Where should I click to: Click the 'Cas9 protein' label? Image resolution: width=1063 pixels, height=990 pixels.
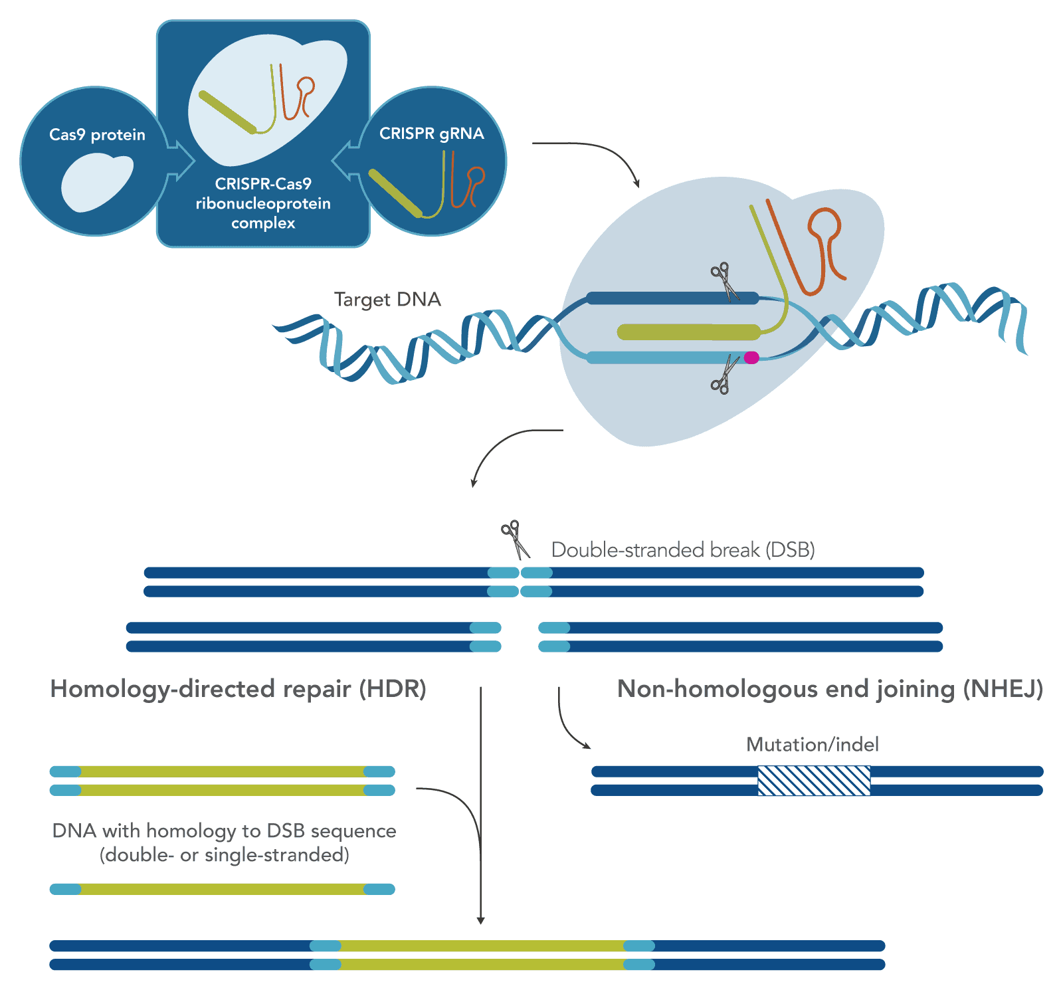click(97, 135)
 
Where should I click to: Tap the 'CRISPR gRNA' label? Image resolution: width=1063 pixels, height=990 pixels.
click(431, 134)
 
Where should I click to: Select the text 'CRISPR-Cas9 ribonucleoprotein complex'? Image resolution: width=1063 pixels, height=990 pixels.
click(263, 203)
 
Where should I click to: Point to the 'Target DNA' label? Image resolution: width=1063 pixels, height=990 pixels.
click(387, 300)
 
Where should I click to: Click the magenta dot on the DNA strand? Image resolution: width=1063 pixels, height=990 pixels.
click(751, 357)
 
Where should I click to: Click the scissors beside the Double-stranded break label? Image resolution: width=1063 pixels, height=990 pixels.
click(515, 539)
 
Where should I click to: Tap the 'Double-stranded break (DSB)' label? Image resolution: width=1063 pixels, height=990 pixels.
click(683, 550)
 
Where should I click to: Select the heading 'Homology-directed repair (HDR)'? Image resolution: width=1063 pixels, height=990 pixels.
click(238, 689)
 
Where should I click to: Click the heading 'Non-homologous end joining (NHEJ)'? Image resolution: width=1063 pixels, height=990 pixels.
click(830, 689)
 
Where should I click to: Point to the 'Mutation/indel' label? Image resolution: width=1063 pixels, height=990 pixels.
click(812, 744)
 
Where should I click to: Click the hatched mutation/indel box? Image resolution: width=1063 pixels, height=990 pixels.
click(814, 781)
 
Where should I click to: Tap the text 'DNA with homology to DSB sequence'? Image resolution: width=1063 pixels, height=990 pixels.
click(224, 831)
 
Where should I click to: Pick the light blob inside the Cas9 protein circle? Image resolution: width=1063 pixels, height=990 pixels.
click(96, 183)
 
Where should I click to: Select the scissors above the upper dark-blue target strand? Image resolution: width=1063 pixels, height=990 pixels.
click(725, 280)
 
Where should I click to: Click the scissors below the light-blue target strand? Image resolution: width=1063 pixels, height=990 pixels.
click(724, 376)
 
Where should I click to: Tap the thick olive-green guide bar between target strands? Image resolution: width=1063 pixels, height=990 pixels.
click(688, 332)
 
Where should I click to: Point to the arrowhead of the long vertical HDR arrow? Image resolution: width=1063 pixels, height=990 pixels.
click(480, 920)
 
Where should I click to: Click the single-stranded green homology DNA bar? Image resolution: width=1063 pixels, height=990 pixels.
click(223, 889)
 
